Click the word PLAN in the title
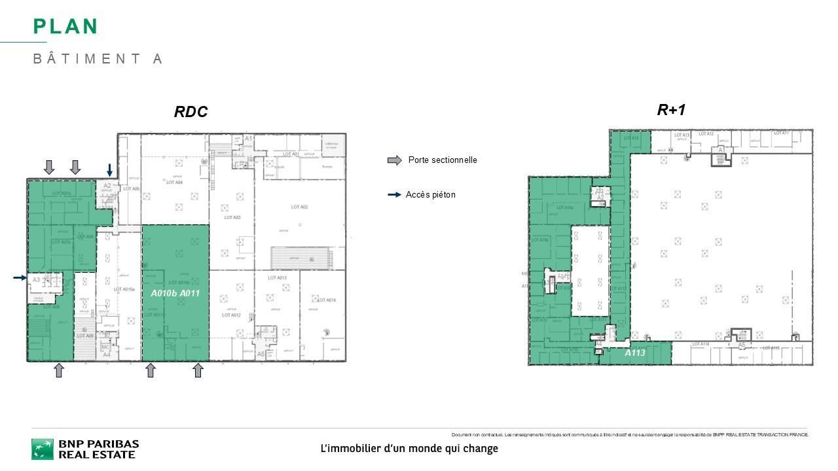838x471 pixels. click(65, 27)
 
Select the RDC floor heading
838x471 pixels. click(191, 112)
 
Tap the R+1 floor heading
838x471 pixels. click(671, 110)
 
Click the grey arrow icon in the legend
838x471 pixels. click(395, 160)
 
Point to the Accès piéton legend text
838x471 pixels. click(430, 195)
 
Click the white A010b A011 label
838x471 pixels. click(175, 294)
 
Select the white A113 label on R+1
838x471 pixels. click(634, 353)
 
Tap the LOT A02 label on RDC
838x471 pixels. click(299, 207)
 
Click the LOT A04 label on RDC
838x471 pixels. click(174, 183)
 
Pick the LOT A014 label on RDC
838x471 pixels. click(327, 300)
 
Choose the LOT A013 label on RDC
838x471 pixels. click(277, 278)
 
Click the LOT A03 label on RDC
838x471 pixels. click(232, 217)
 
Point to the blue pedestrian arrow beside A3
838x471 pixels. click(20, 278)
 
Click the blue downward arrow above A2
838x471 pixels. click(110, 169)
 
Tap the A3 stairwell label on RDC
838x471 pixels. click(36, 280)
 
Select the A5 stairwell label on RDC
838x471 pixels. click(261, 354)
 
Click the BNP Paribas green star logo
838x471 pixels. click(43, 449)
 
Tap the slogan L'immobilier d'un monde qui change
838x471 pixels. click(409, 449)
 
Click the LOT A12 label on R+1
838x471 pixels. click(706, 134)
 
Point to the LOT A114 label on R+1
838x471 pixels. click(701, 344)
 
